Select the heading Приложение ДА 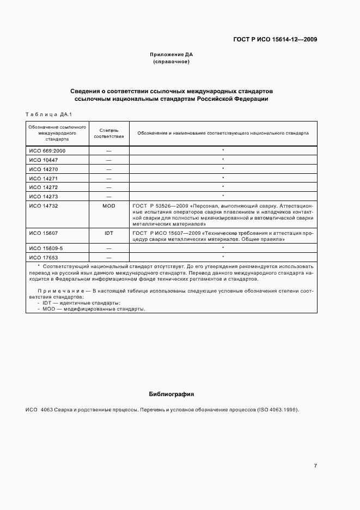[172, 54]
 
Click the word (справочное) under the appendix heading [172, 62]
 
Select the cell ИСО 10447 [43, 160]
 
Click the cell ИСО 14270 [43, 169]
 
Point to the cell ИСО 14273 [43, 196]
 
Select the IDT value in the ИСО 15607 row [109, 233]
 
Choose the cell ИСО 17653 [43, 257]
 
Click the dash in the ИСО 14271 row [109, 178]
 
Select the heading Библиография [172, 393]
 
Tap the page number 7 [315, 465]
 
